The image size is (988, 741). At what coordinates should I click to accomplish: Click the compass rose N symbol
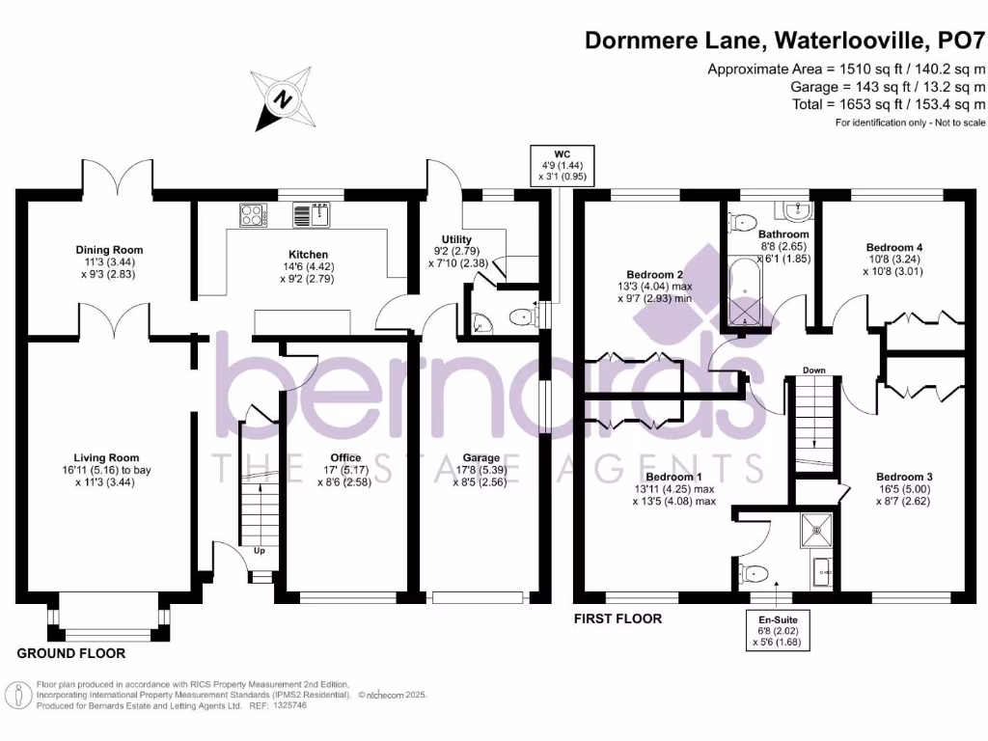click(284, 99)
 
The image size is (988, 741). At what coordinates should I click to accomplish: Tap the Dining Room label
click(110, 250)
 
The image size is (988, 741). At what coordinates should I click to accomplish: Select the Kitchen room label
click(308, 255)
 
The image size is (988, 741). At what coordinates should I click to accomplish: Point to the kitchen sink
click(312, 215)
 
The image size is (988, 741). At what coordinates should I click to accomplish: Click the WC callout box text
click(563, 165)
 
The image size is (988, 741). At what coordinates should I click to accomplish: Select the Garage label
click(480, 458)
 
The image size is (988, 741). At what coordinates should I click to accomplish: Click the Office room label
click(345, 458)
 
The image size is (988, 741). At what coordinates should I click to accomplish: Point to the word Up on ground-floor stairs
click(259, 551)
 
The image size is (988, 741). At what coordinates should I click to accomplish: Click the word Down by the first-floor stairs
click(813, 370)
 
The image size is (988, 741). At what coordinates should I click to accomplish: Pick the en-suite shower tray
click(816, 532)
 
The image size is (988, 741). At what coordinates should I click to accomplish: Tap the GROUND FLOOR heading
click(71, 653)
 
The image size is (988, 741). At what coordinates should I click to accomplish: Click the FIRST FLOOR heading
click(617, 618)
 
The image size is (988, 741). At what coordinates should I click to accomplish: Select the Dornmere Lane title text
click(674, 41)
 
